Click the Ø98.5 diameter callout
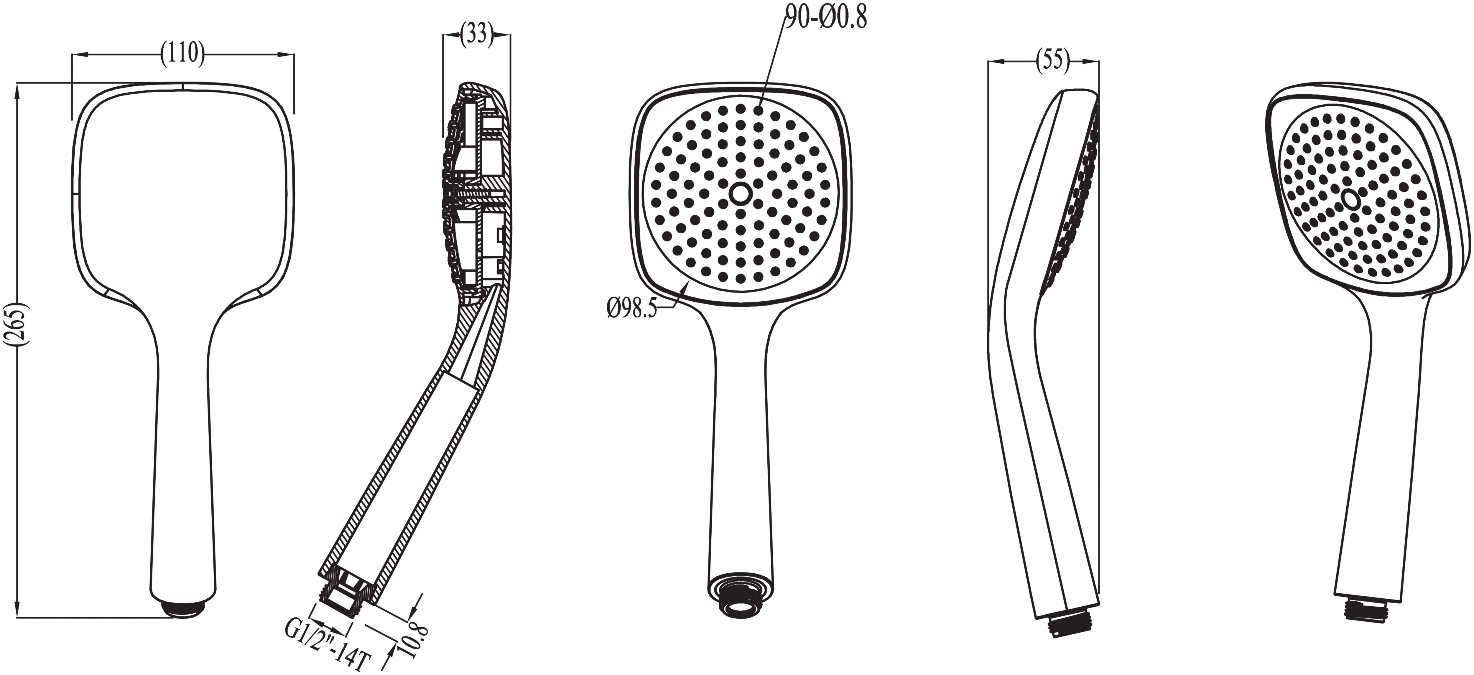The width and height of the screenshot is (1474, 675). coord(632,311)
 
